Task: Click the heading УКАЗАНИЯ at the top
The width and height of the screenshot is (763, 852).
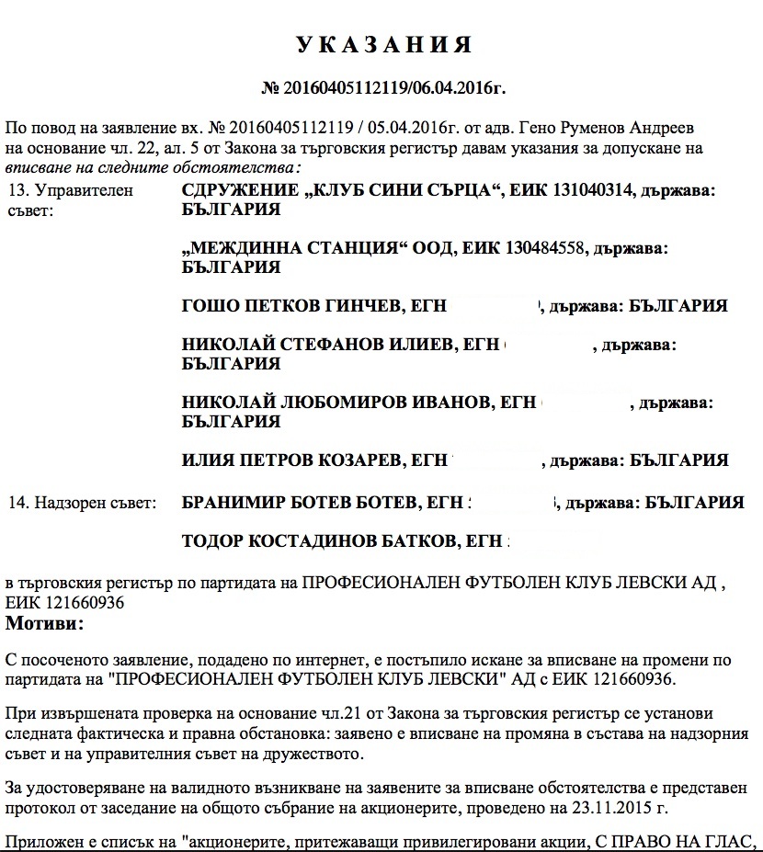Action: coord(383,45)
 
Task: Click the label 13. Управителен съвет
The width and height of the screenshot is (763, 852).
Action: coord(70,200)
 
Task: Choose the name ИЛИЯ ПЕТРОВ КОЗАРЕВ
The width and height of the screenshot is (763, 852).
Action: coord(294,460)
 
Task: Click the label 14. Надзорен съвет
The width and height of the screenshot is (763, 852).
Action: coord(82,503)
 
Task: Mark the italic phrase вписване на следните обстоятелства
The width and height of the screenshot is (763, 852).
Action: coord(152,168)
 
